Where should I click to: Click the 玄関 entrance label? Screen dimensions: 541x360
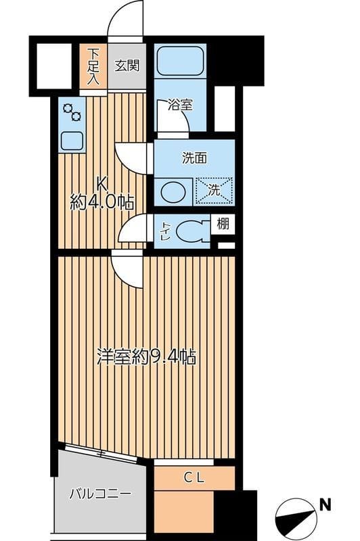[x=127, y=66]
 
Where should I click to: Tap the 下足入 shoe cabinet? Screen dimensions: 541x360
[x=93, y=66]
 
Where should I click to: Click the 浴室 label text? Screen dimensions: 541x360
[x=181, y=105]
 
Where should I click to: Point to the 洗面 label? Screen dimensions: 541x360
[x=194, y=158]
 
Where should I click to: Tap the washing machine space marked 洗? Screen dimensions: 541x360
[x=214, y=190]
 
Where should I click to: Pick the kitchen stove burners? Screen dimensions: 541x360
[x=71, y=112]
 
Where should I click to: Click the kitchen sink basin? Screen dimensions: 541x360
[x=72, y=141]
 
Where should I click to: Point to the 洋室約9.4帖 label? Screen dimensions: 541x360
[x=147, y=356]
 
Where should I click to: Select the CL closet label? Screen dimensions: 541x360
[x=194, y=477]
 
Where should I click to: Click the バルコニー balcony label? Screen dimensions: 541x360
[x=99, y=494]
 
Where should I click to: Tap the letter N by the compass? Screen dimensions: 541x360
[x=325, y=504]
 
